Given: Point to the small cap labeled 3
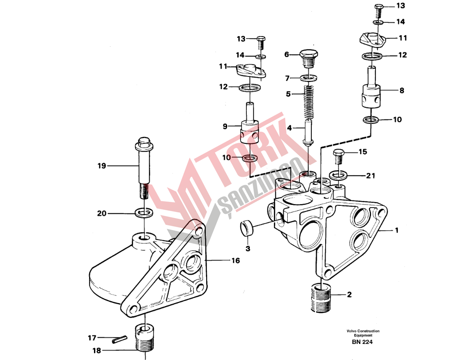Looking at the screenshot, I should point(248,228).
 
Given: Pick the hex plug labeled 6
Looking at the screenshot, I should point(309,57).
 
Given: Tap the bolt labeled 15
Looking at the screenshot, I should point(338,156).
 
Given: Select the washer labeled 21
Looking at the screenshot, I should point(337,174).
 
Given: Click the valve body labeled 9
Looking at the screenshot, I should point(249,130).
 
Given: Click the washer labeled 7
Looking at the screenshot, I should point(309,78).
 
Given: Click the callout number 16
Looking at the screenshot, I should point(236,261).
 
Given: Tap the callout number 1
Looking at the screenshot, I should point(396,231).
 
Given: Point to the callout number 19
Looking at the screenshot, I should point(102,166).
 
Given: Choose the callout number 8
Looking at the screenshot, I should point(402,90).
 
